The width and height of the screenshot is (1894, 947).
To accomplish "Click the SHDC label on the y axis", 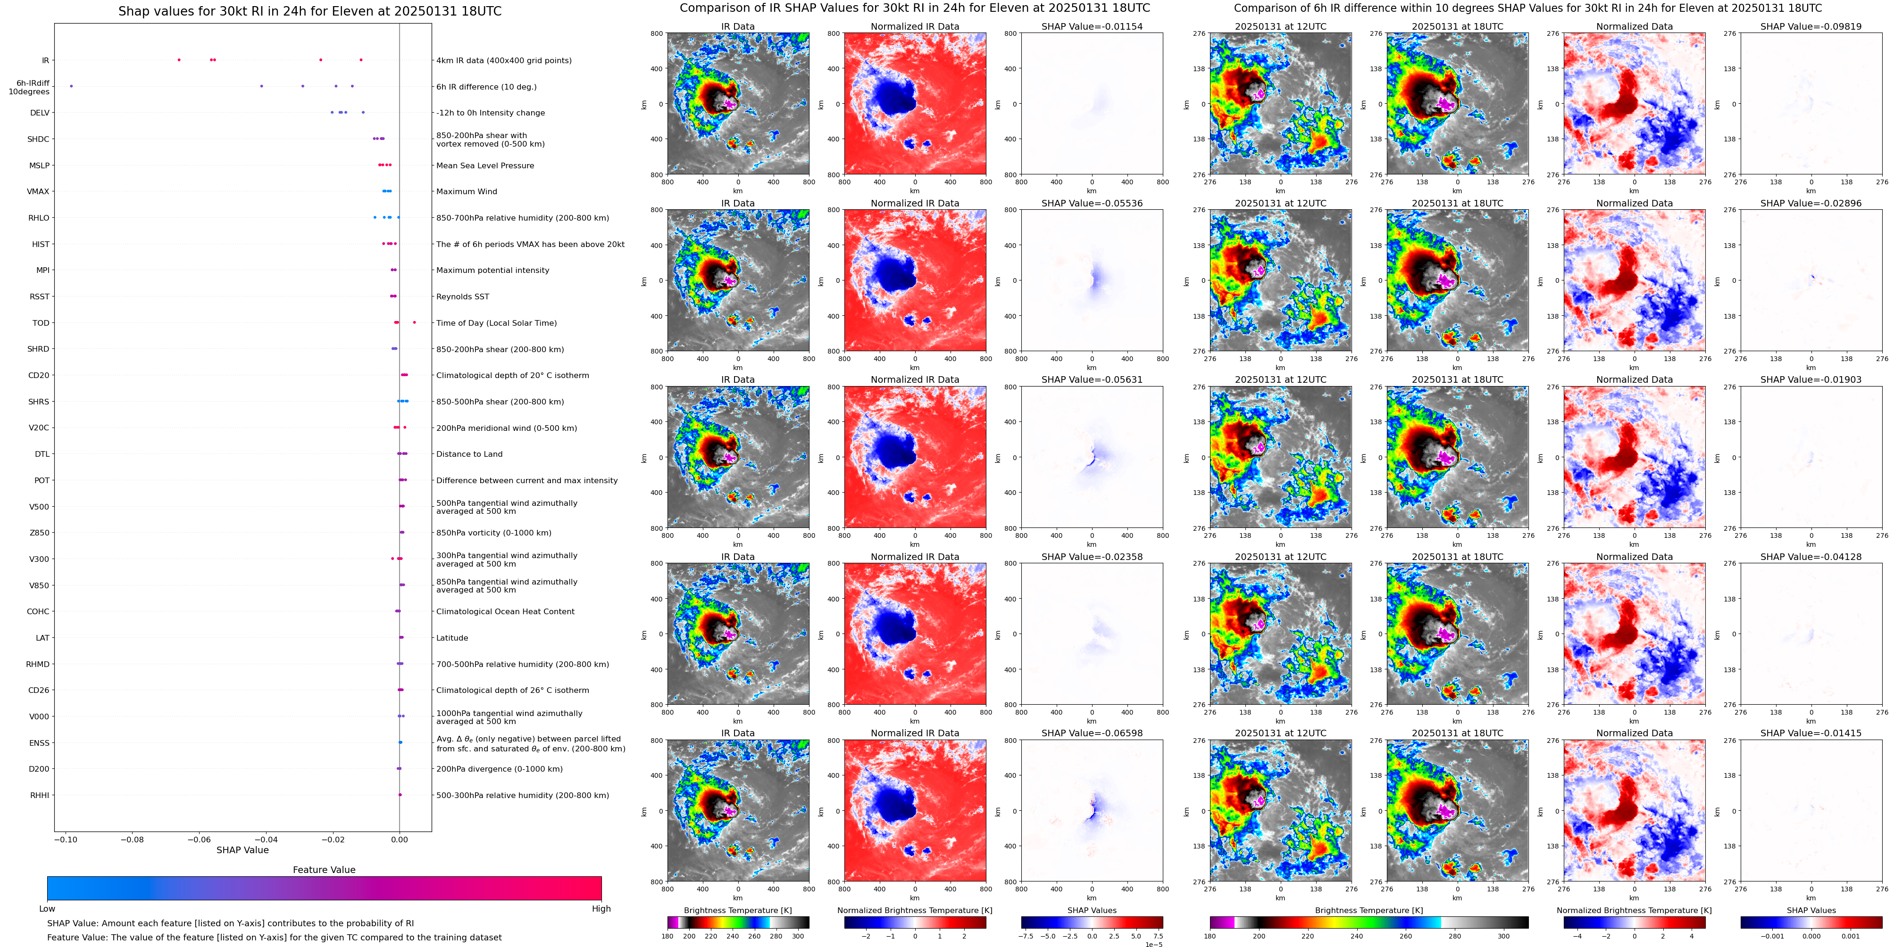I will point(38,139).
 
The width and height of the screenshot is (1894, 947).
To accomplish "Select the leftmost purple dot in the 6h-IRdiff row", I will point(71,86).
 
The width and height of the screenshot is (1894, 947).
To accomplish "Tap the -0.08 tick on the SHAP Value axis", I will point(133,839).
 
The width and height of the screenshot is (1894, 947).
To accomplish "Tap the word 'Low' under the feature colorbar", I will point(47,909).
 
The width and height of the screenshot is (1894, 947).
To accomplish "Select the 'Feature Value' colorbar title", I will point(324,870).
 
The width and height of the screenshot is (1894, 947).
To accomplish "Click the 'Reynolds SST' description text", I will point(462,297).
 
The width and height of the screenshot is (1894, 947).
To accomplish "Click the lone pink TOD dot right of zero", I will point(414,322).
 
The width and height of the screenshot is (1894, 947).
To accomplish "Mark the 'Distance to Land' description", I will point(469,454).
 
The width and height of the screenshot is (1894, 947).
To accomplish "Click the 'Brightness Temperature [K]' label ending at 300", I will point(737,910).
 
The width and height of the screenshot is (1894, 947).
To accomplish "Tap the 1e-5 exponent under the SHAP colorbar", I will point(1153,944).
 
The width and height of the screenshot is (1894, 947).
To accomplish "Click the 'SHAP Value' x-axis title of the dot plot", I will point(242,850).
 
